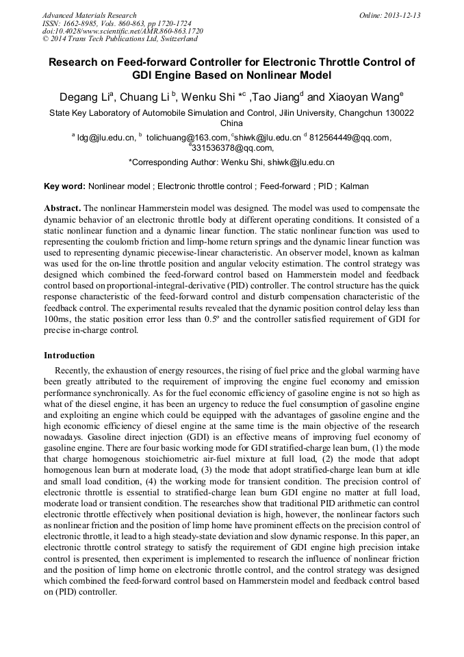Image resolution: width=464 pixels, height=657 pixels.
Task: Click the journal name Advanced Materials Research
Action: [89, 15]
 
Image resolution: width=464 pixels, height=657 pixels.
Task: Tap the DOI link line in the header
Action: [123, 32]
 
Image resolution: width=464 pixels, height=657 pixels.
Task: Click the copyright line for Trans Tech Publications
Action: [120, 39]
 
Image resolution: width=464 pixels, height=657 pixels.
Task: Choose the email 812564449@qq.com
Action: [349, 138]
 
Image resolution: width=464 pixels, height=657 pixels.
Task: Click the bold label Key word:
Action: [64, 186]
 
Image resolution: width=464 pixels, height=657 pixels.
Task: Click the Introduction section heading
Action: [69, 356]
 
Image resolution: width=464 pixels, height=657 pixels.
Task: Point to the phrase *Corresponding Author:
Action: [172, 163]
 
